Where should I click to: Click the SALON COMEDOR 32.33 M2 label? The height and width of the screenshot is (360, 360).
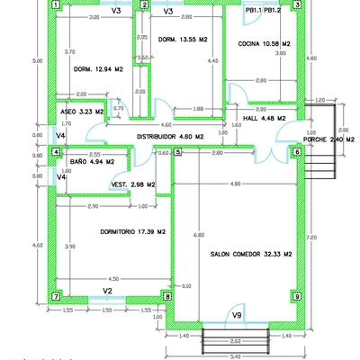(x=252, y=255)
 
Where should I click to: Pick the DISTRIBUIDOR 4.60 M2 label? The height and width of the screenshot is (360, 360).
(x=170, y=137)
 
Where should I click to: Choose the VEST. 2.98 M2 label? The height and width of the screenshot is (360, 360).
(x=133, y=184)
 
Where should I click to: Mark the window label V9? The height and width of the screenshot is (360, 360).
(x=237, y=315)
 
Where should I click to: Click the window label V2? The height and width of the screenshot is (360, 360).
(x=106, y=292)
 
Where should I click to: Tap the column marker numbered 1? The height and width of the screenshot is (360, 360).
(x=56, y=4)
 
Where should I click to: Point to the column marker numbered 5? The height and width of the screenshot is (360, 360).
(x=178, y=152)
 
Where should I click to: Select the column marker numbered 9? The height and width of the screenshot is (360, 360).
(x=296, y=295)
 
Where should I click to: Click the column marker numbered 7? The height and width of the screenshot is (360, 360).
(x=56, y=296)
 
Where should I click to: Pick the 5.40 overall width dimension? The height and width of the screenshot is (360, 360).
(x=235, y=356)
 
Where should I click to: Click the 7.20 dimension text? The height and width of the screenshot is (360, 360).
(x=310, y=236)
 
